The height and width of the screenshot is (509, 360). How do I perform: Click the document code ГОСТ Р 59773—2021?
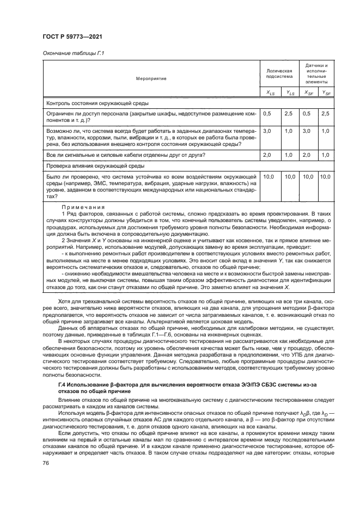click(x=74, y=36)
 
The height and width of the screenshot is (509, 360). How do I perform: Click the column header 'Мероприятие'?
click(x=151, y=78)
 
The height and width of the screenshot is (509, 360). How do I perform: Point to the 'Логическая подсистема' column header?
click(x=279, y=74)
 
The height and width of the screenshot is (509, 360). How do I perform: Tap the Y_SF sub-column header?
click(x=326, y=94)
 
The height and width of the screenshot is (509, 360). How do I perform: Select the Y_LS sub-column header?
click(x=289, y=94)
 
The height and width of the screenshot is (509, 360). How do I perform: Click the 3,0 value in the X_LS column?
click(x=267, y=131)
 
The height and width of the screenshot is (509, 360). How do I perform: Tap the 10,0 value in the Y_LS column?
click(x=289, y=177)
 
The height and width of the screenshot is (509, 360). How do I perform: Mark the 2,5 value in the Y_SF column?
click(x=326, y=113)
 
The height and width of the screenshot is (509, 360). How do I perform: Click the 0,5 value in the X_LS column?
click(x=267, y=113)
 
